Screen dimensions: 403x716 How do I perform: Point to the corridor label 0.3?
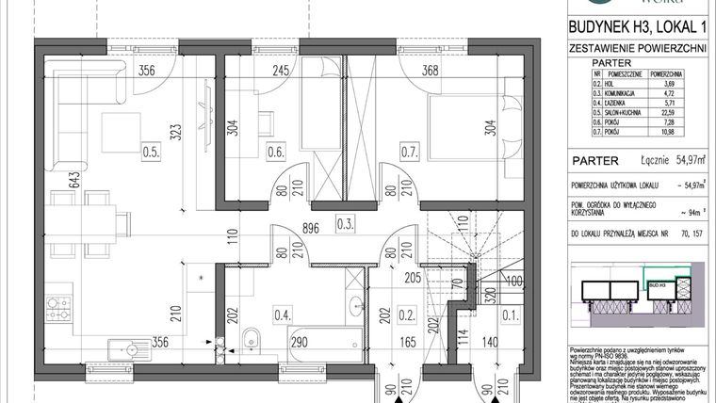click(346, 224)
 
